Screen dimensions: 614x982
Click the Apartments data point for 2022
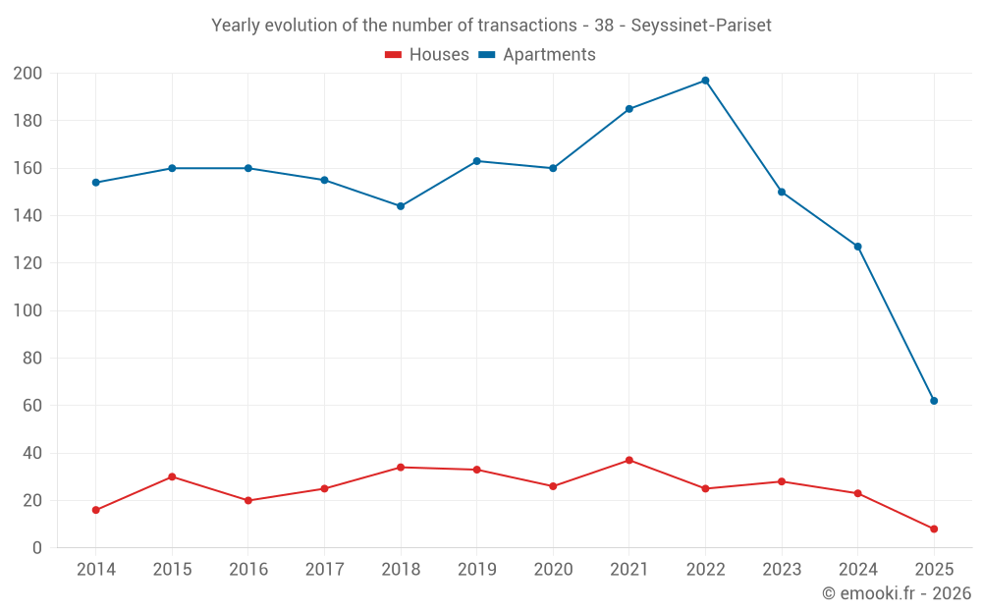click(705, 81)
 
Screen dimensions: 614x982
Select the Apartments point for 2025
click(934, 401)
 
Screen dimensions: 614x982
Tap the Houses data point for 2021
click(629, 460)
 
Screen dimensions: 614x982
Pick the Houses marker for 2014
click(96, 510)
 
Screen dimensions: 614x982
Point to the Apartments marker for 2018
click(401, 206)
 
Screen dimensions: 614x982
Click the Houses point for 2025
click(934, 529)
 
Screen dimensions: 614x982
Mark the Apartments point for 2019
click(477, 161)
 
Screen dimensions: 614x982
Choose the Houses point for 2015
click(172, 476)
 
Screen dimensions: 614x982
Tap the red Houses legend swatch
click(393, 55)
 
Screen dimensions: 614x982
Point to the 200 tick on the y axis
click(27, 73)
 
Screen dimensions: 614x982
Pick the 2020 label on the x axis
click(553, 570)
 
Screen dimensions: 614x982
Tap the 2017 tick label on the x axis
click(324, 570)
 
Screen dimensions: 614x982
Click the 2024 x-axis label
click(857, 570)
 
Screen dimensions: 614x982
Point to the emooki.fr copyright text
click(897, 593)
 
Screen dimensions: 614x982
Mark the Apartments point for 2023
click(782, 192)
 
